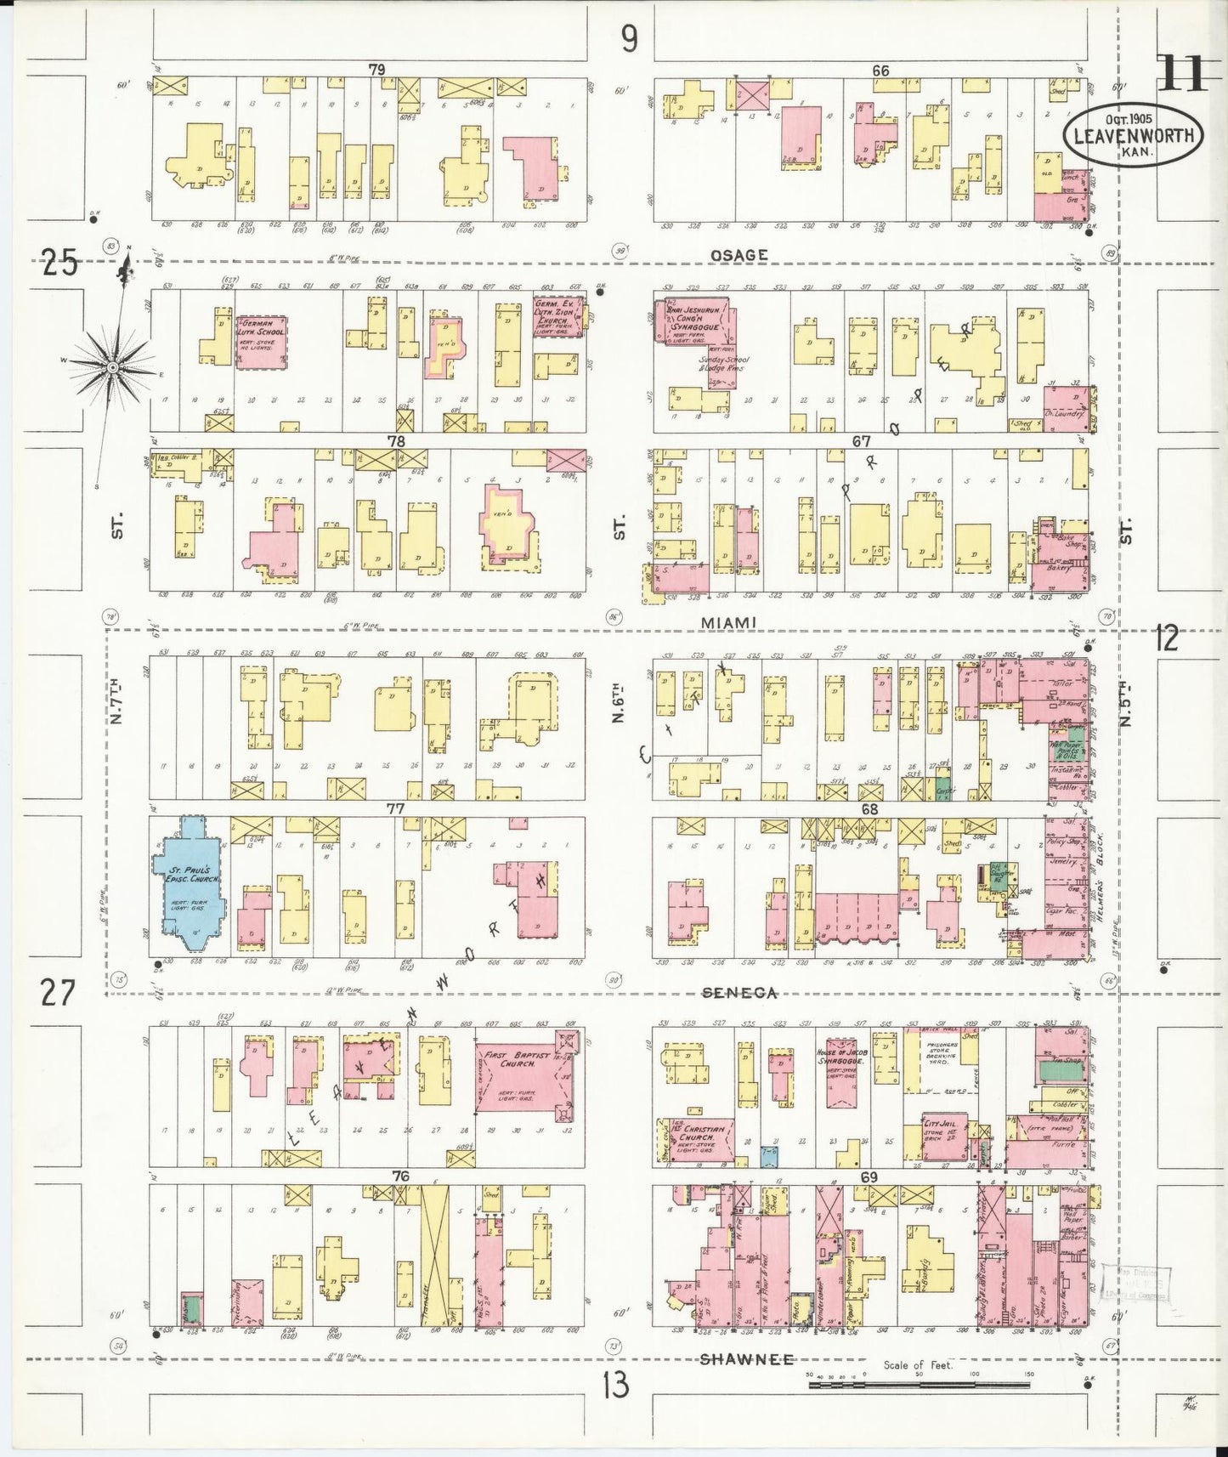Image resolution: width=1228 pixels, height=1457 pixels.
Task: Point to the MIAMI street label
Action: pos(729,623)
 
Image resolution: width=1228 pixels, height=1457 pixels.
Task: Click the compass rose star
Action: pos(111,366)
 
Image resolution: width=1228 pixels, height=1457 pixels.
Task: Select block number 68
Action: pos(869,809)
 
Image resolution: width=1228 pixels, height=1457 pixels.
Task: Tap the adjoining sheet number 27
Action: pos(57,992)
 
